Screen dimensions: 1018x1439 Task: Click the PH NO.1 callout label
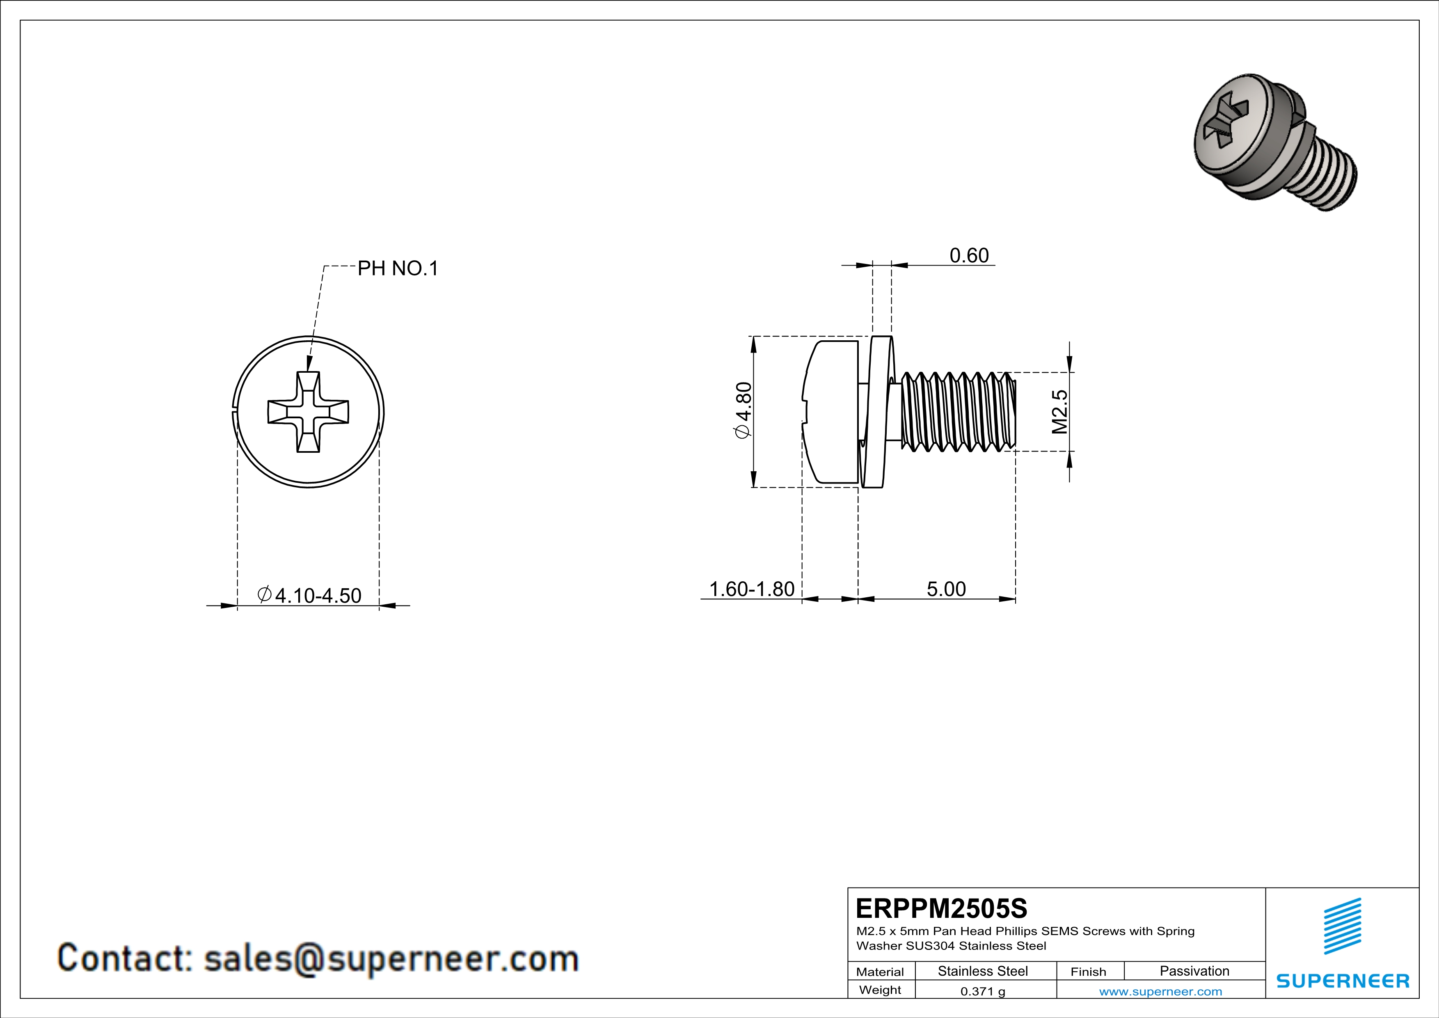pos(397,268)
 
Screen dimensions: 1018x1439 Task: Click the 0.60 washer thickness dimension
pos(968,255)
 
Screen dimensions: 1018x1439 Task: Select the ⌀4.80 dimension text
pos(743,410)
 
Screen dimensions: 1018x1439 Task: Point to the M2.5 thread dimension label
pos(1059,412)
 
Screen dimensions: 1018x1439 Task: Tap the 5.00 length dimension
pos(946,589)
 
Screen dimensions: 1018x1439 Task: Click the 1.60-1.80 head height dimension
pos(751,589)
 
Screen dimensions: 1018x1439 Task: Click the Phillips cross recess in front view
pos(309,412)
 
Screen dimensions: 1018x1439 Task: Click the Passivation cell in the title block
pos(1194,971)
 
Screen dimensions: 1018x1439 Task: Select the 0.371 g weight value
pos(983,991)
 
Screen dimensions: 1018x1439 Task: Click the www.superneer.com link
pos(1160,991)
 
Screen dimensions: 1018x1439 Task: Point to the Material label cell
pos(880,972)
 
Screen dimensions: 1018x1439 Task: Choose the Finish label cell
pos(1088,972)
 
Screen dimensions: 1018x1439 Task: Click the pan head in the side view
pos(830,412)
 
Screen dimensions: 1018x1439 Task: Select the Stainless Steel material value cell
pos(983,971)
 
